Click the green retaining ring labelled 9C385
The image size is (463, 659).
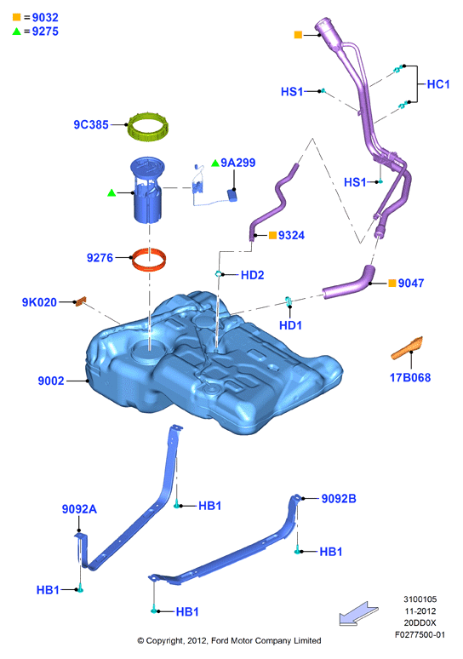148,135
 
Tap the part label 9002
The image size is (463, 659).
51,381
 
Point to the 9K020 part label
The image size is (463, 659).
39,302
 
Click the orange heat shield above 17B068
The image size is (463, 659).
407,348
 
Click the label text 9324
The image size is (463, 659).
291,235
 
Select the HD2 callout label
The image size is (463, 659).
252,275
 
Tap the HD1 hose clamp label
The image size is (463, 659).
290,325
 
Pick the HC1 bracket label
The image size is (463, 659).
438,84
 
